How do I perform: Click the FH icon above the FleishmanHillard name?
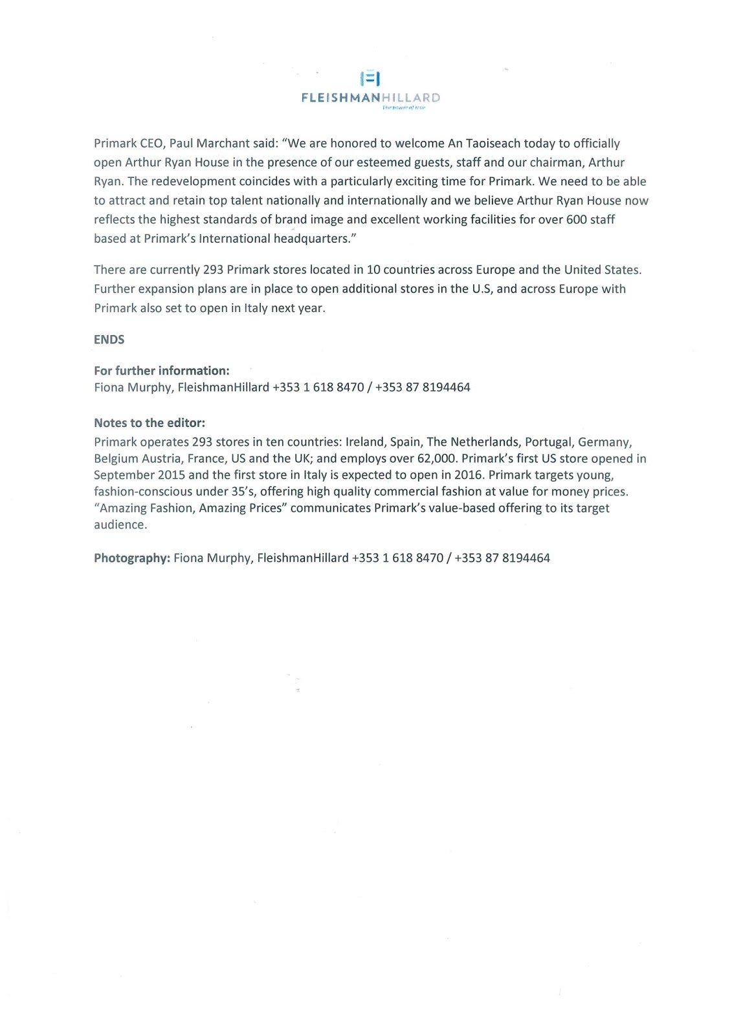370,78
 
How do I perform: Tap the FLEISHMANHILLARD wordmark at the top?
370,98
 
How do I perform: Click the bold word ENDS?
109,340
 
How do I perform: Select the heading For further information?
162,371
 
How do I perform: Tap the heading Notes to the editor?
150,423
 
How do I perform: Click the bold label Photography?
132,558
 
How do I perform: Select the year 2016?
468,475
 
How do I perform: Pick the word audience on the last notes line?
120,525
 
